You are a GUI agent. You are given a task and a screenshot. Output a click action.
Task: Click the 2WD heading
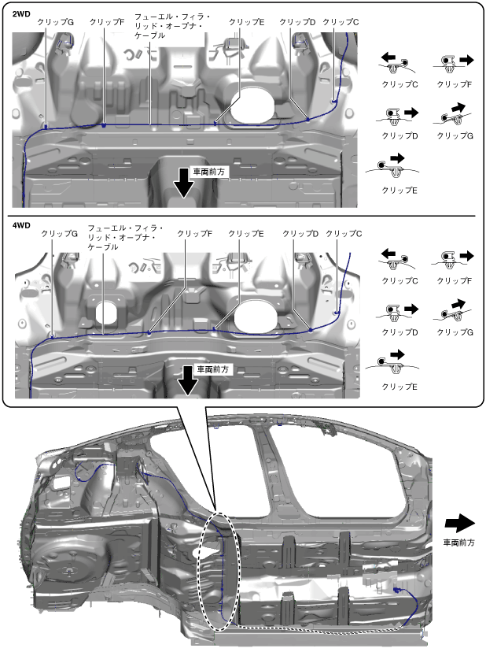pos(21,13)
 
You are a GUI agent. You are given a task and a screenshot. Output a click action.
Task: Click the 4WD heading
pos(21,225)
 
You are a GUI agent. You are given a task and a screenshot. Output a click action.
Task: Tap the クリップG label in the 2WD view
pos(55,22)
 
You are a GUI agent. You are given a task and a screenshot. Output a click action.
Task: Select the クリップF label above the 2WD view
pos(107,22)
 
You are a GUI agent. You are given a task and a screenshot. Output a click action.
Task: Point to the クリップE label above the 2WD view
pos(246,22)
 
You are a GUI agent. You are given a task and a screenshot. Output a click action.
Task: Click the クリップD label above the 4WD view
pos(300,234)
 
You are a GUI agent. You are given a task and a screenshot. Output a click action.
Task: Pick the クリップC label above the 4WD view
pos(344,234)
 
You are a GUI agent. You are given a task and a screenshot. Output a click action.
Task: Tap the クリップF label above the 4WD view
pos(194,234)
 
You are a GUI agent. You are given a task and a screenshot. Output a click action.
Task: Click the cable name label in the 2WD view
pos(172,26)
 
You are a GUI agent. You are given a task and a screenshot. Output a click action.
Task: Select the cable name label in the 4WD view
pos(125,238)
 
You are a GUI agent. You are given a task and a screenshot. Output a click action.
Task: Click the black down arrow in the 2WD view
pos(184,183)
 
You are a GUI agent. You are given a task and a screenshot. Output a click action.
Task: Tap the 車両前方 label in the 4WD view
pos(212,369)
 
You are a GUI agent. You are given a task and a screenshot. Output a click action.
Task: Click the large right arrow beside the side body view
pos(460,523)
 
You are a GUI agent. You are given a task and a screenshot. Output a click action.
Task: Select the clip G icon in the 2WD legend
pos(454,114)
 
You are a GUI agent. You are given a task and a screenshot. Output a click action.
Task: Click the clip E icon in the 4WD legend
pos(392,362)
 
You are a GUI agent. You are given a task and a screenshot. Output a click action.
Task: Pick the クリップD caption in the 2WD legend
pos(399,136)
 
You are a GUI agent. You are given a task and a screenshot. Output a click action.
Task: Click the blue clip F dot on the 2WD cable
pos(104,124)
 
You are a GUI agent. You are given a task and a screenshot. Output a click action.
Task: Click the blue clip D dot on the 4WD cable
pos(311,330)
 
